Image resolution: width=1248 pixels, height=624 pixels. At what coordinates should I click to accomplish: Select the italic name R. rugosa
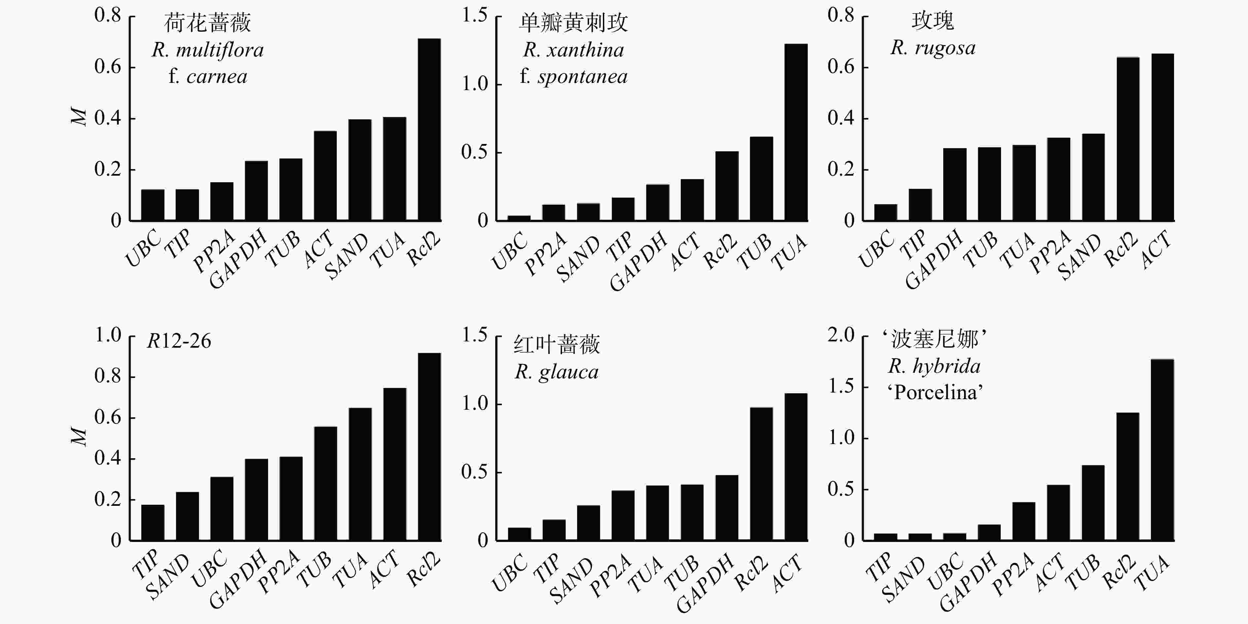tap(933, 48)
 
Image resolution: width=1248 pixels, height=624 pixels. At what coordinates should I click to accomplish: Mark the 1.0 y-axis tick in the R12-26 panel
tap(108, 335)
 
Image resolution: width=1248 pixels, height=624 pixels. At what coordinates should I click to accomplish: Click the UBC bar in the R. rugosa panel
tap(885, 212)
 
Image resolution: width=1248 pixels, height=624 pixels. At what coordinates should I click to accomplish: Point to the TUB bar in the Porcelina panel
tap(1093, 503)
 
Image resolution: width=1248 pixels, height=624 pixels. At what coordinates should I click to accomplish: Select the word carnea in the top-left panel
tap(217, 77)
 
